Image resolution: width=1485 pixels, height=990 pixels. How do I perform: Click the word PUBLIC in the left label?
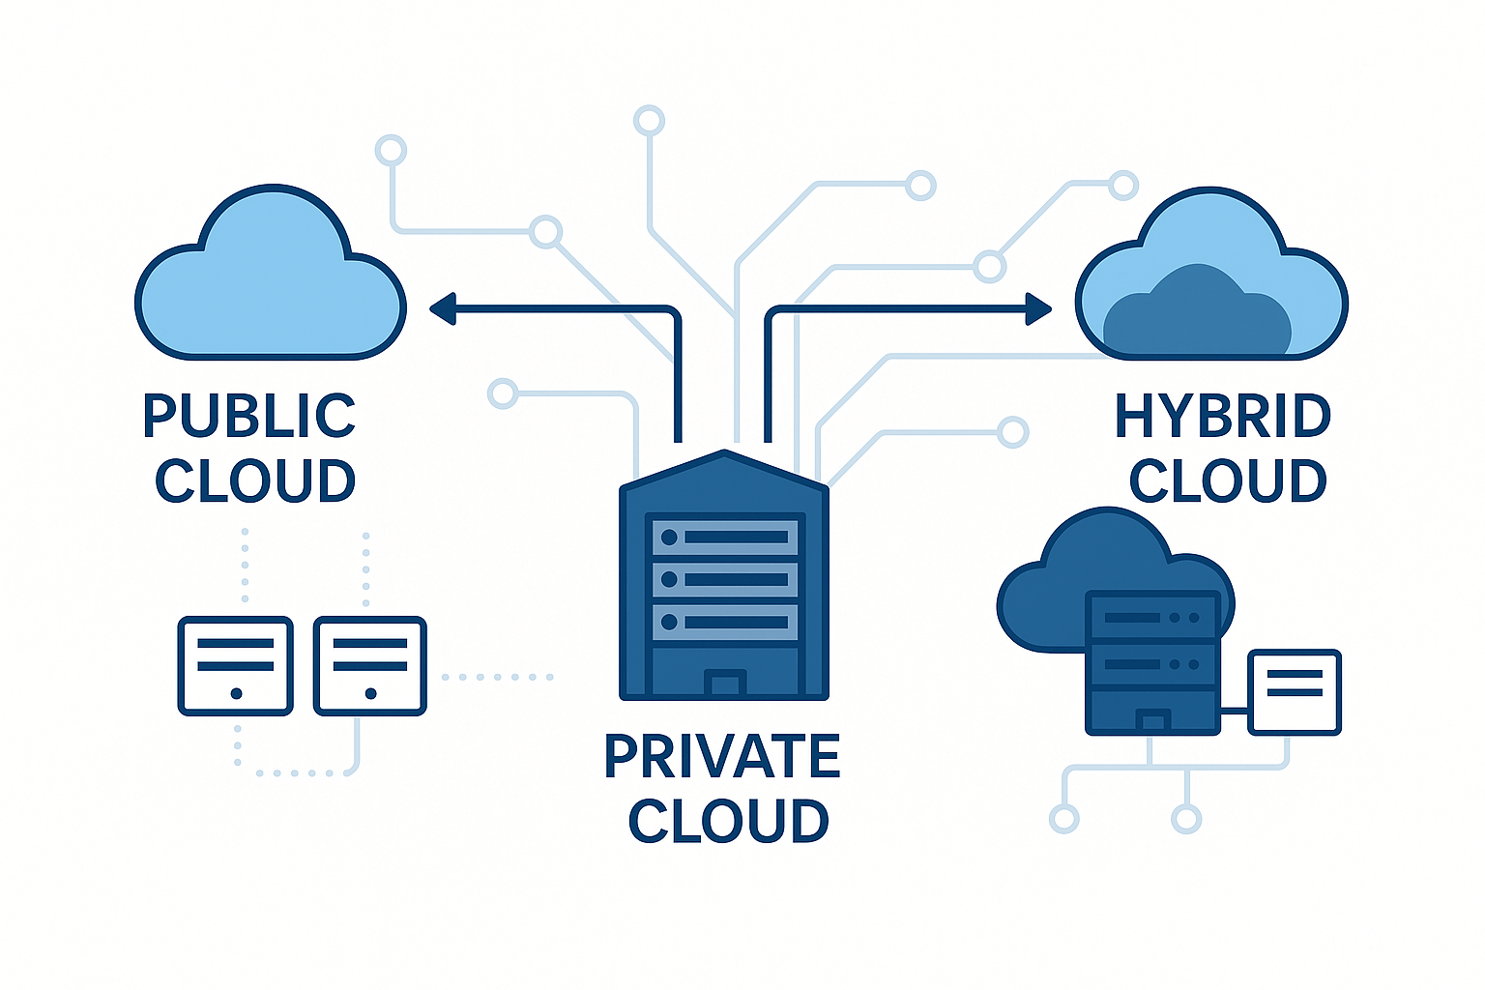(249, 416)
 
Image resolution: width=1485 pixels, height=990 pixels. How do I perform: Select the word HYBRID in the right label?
(1223, 416)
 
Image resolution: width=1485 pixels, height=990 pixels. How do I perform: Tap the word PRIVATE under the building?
(722, 756)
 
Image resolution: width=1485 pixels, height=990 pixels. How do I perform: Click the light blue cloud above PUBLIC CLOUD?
(271, 290)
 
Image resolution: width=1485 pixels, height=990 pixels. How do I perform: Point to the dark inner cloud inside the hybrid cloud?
(1197, 314)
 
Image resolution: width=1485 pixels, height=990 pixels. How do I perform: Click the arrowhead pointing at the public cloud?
(443, 309)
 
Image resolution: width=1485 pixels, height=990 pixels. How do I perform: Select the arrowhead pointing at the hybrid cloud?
(1039, 309)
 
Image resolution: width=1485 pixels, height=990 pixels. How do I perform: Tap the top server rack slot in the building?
(725, 537)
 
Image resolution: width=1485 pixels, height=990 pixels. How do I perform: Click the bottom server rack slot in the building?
(725, 623)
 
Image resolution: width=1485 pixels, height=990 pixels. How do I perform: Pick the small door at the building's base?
(725, 684)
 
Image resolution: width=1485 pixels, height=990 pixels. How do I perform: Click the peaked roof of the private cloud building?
(725, 469)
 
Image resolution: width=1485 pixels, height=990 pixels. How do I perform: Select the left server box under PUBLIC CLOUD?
(235, 666)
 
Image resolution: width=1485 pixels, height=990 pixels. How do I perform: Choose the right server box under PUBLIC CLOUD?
(370, 666)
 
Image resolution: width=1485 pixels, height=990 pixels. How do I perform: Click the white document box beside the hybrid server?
(1295, 692)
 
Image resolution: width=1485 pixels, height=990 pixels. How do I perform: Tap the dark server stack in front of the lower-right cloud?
(1150, 663)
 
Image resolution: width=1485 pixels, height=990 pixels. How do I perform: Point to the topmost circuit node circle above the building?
(649, 121)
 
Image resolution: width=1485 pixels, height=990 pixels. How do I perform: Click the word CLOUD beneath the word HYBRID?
(1228, 481)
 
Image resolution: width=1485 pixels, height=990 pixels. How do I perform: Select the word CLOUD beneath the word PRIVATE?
(728, 822)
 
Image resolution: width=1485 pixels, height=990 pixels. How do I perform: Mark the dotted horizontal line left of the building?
(497, 677)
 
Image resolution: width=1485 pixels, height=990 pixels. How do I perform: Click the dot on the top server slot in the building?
(669, 537)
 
